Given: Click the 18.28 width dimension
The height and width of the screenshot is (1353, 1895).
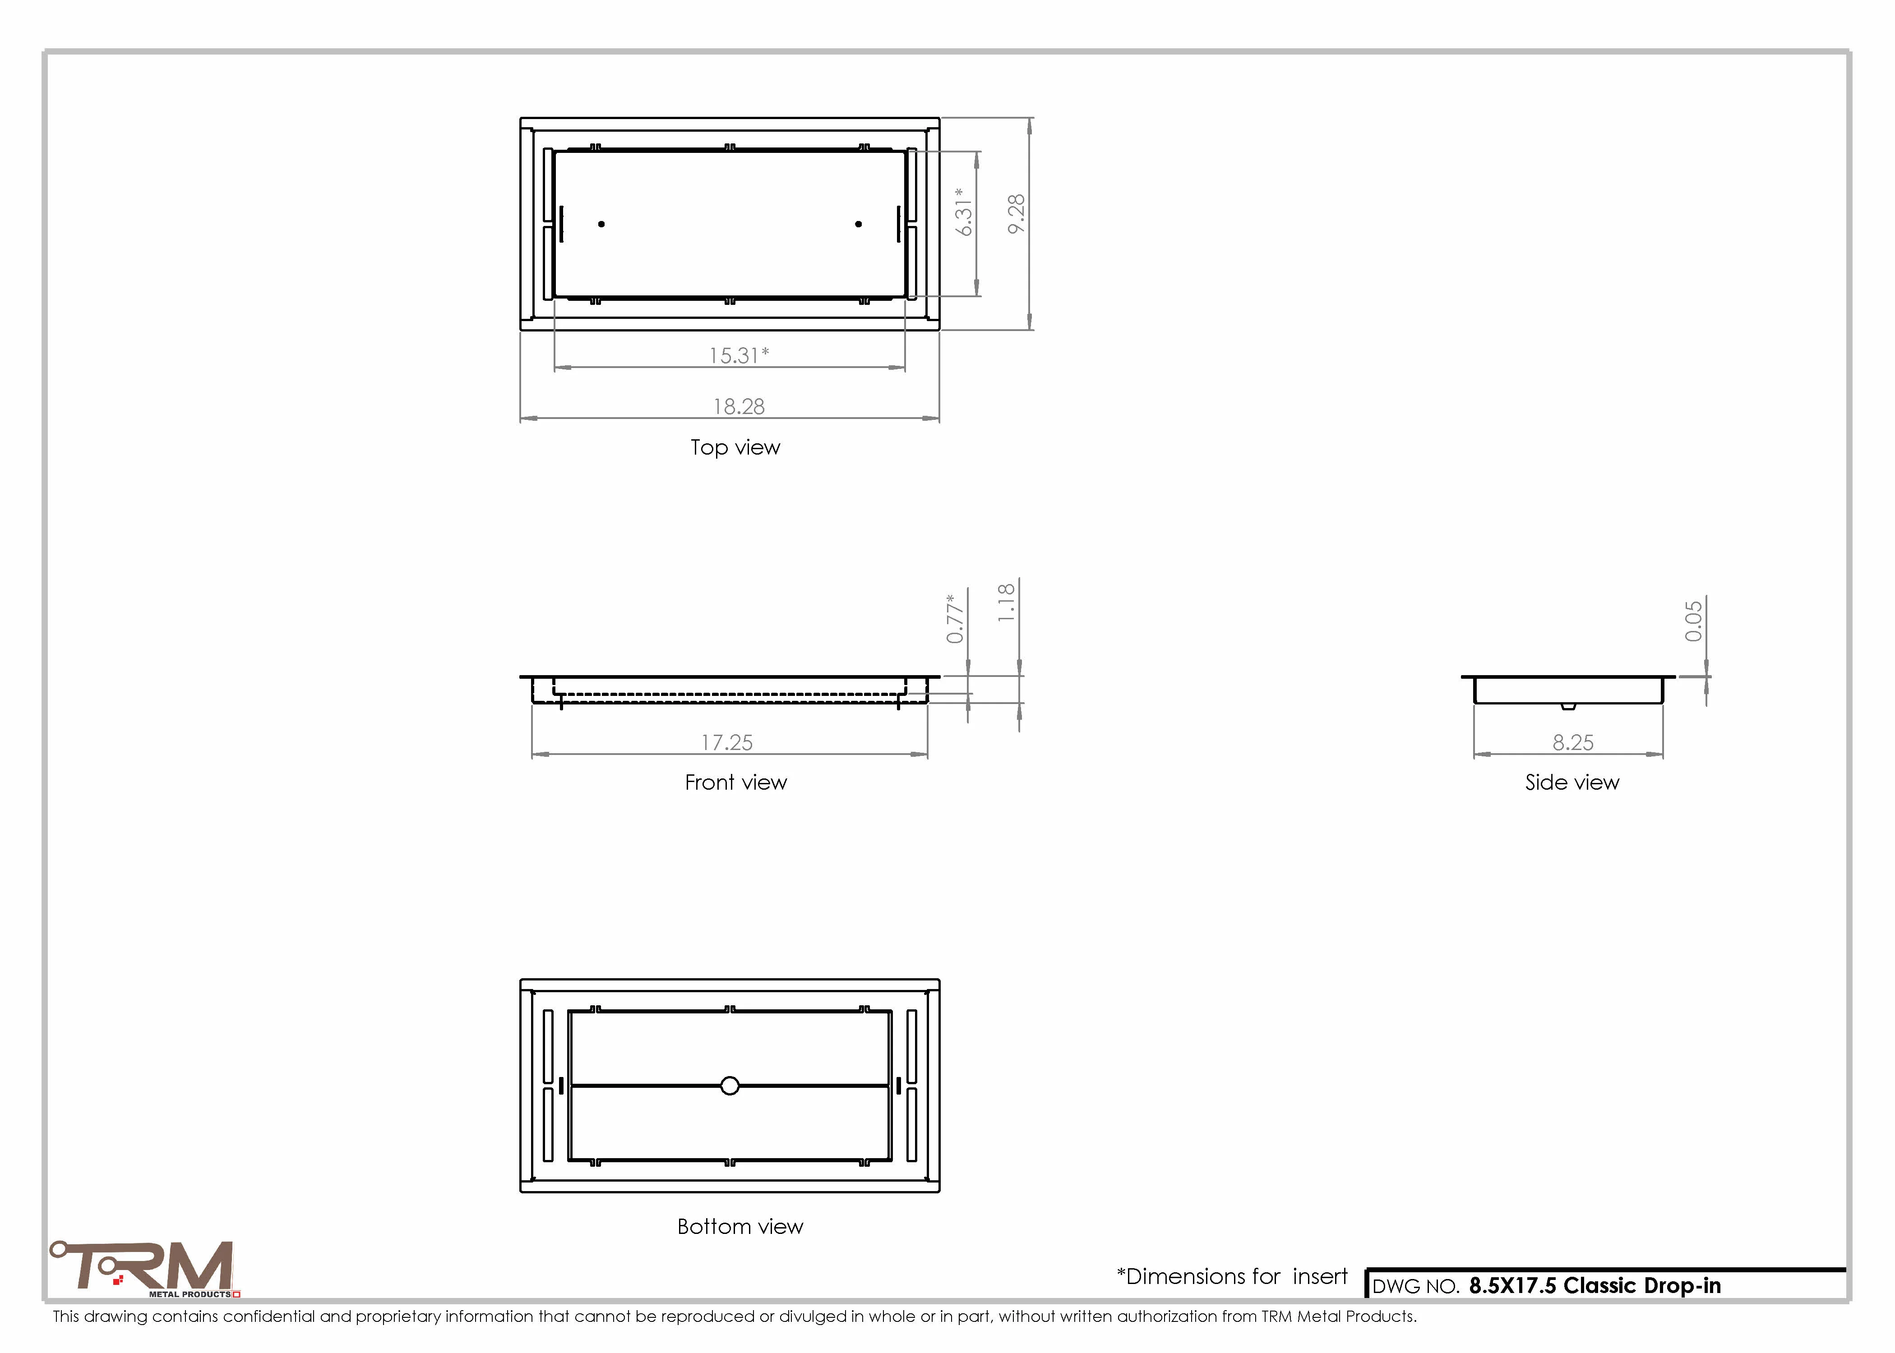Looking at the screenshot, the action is (738, 406).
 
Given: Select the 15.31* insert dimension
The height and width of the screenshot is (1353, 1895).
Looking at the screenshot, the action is (738, 356).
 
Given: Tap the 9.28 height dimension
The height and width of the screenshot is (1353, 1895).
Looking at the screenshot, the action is (1016, 214).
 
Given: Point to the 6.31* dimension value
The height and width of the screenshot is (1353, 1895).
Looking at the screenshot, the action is (964, 212).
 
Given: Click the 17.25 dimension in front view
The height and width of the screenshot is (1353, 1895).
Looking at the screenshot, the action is (727, 742).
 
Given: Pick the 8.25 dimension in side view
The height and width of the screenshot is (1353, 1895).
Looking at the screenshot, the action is (1572, 742).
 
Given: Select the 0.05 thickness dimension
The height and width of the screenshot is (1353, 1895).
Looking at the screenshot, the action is (1693, 621).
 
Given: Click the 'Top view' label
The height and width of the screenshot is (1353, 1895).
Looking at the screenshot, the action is (735, 447).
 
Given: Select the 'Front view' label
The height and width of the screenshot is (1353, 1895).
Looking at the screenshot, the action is (736, 782).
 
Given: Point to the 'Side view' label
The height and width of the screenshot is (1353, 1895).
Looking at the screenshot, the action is (1571, 782).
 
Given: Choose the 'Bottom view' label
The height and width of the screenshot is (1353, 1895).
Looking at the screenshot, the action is (740, 1226).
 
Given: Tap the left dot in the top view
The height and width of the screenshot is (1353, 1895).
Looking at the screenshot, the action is (602, 224).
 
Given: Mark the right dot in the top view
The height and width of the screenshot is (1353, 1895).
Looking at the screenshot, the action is (858, 224).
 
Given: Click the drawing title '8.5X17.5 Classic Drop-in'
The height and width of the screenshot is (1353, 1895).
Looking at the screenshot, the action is (1594, 1285).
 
